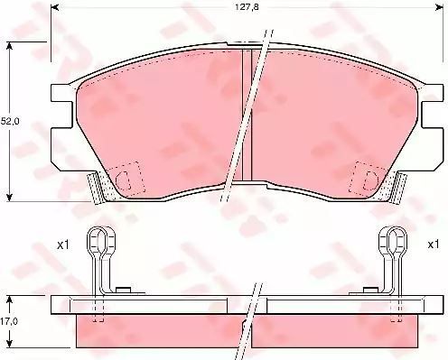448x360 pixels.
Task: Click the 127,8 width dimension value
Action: point(247,7)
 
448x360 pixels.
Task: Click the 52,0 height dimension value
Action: point(10,121)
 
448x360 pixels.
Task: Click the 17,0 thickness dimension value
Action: point(9,321)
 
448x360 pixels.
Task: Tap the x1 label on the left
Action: point(63,245)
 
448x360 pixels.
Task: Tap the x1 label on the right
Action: point(434,245)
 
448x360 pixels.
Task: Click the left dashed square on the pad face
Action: point(126,178)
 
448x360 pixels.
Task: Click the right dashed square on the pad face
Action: point(368,178)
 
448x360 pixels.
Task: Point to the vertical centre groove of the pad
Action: point(247,115)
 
